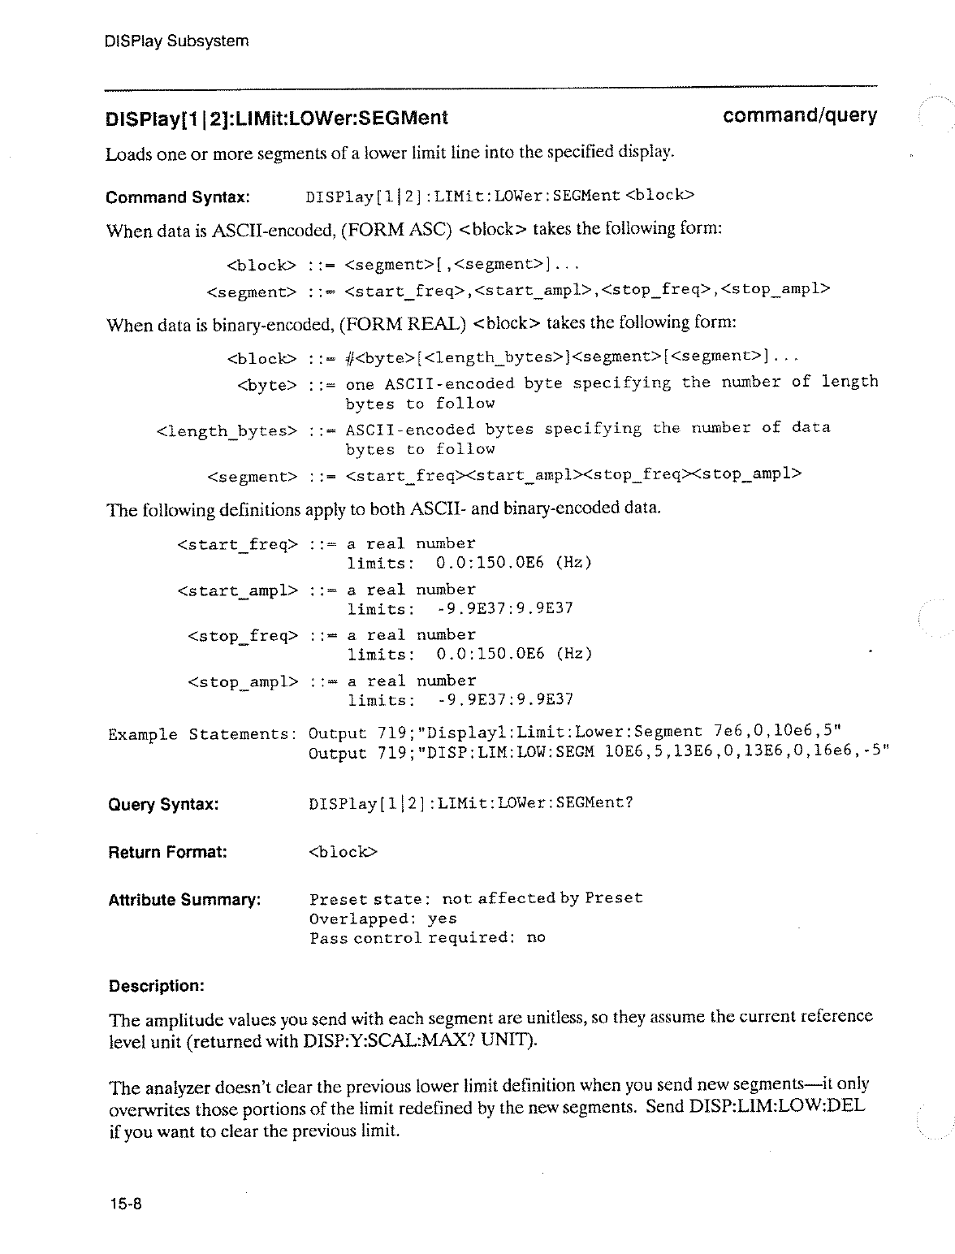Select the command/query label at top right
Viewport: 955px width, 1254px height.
coord(799,116)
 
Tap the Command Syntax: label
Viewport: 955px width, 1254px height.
coord(177,197)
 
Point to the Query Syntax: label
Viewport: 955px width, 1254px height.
coord(163,805)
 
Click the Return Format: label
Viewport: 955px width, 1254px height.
coord(167,852)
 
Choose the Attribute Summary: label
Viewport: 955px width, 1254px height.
coord(184,900)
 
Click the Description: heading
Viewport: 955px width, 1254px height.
coord(156,986)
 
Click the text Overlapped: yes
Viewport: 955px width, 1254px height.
coord(382,919)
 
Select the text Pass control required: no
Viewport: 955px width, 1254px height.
coord(427,938)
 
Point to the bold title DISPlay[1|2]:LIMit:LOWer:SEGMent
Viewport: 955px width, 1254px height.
coord(276,119)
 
